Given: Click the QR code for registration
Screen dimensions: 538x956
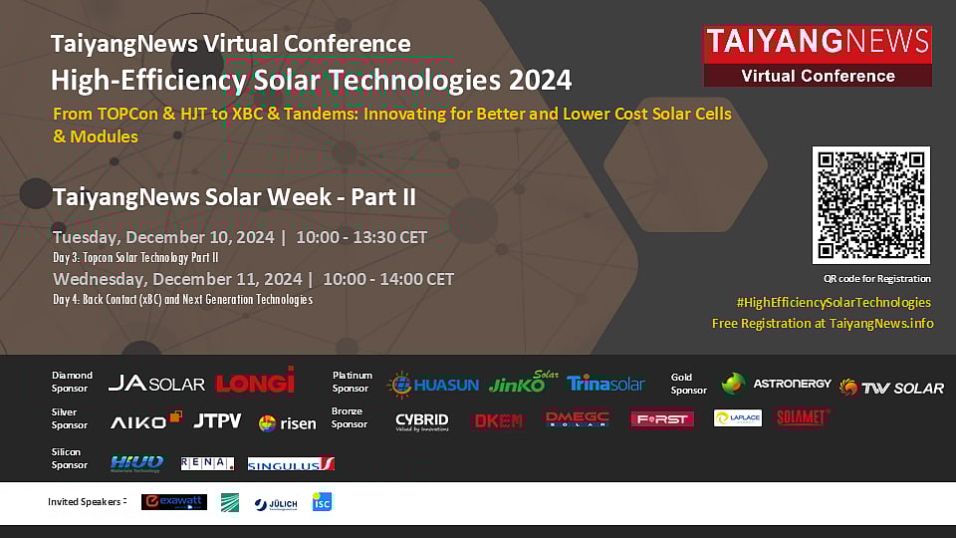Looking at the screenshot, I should (x=870, y=204).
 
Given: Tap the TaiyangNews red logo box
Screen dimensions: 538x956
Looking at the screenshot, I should (x=817, y=56).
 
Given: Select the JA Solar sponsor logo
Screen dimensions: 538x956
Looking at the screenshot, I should (x=156, y=384).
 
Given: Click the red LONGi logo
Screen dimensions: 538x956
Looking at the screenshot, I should (x=255, y=381).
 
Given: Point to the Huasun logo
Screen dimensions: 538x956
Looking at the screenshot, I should (x=433, y=384).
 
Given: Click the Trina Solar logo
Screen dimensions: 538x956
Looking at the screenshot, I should (x=605, y=384).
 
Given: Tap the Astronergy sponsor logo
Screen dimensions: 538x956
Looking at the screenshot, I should (x=771, y=384).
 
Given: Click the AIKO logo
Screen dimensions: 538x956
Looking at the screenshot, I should (x=145, y=420).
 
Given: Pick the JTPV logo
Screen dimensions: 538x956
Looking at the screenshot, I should (x=217, y=420).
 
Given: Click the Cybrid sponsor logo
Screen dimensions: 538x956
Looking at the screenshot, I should (x=421, y=420).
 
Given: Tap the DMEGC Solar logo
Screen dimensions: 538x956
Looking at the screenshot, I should (x=577, y=419).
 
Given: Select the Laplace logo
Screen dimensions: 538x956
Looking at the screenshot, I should (x=738, y=418).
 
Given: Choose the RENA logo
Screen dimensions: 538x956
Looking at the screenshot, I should (x=207, y=463).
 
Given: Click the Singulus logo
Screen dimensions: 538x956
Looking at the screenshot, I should (x=291, y=464).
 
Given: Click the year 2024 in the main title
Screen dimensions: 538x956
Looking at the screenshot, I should (x=539, y=80).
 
